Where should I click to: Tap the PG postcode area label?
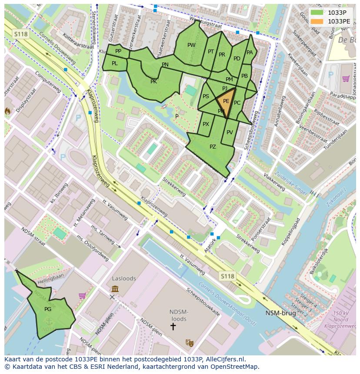coord(48,309)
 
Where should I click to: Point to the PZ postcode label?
coord(213,147)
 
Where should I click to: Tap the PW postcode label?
coord(191,45)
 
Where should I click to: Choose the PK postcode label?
coord(153,81)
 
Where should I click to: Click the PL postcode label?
coord(115,63)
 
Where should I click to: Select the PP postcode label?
coord(118,51)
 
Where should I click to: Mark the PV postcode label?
coord(230,132)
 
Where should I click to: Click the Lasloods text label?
coord(124,278)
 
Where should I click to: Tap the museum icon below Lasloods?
coord(115,289)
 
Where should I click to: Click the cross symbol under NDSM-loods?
coord(173,326)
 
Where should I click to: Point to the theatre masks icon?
coord(189,343)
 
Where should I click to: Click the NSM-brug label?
coord(281,313)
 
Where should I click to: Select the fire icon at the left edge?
coord(7,111)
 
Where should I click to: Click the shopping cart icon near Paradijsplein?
coord(346,79)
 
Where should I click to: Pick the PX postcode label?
coord(206,124)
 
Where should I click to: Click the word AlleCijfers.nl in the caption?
coord(225,359)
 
